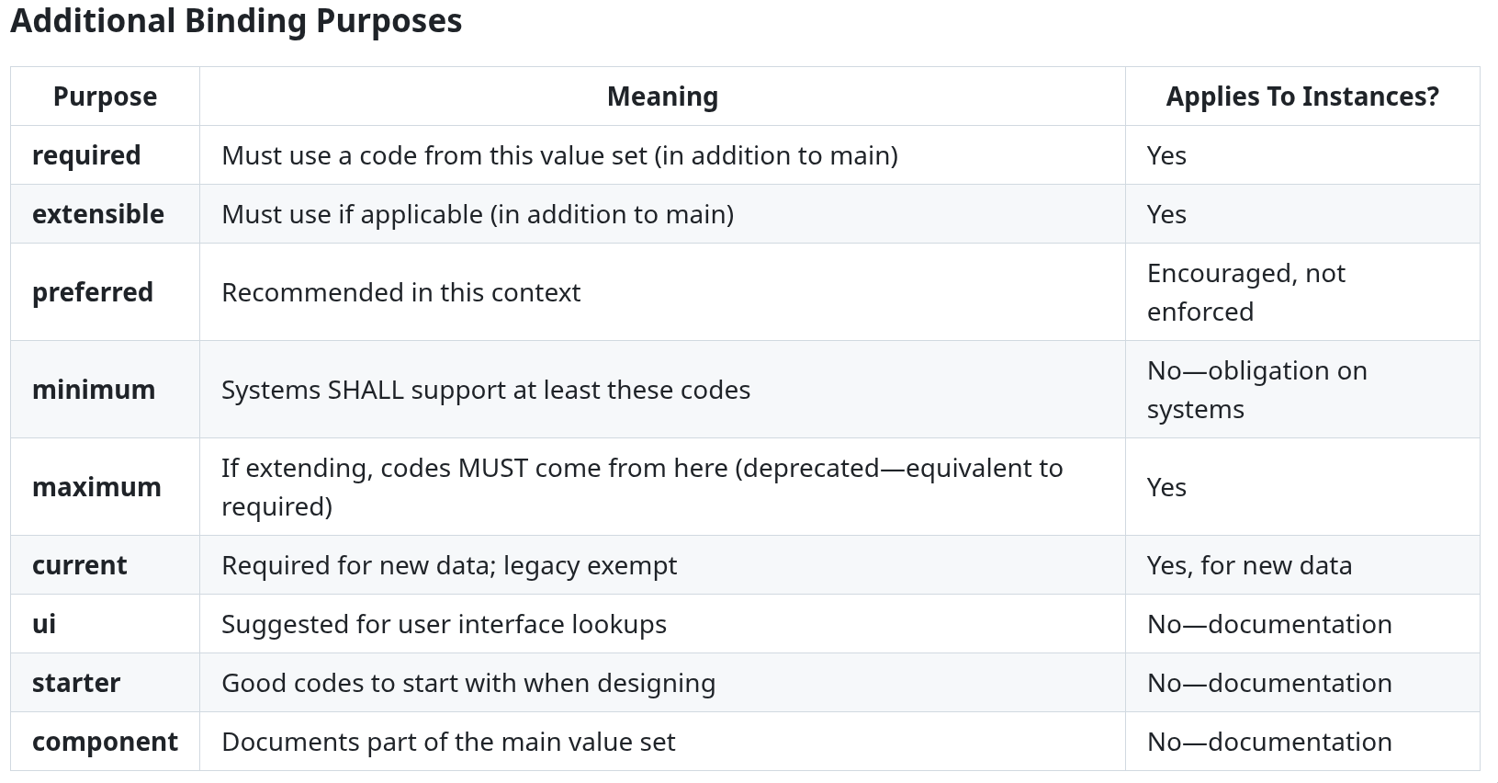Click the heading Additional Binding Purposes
[236, 21]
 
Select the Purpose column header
[105, 96]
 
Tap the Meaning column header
[662, 96]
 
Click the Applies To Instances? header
[1302, 96]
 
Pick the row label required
[86, 155]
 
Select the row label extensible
[97, 214]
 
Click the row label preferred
[92, 292]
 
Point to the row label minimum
[94, 390]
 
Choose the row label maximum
[96, 487]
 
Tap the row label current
[80, 565]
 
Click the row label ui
[44, 624]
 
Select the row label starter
[76, 683]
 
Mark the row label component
[105, 743]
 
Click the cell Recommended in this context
[400, 292]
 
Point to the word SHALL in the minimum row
[366, 390]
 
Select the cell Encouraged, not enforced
[1245, 292]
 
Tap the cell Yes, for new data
[1249, 565]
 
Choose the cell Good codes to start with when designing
[468, 683]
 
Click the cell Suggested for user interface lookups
[444, 624]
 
